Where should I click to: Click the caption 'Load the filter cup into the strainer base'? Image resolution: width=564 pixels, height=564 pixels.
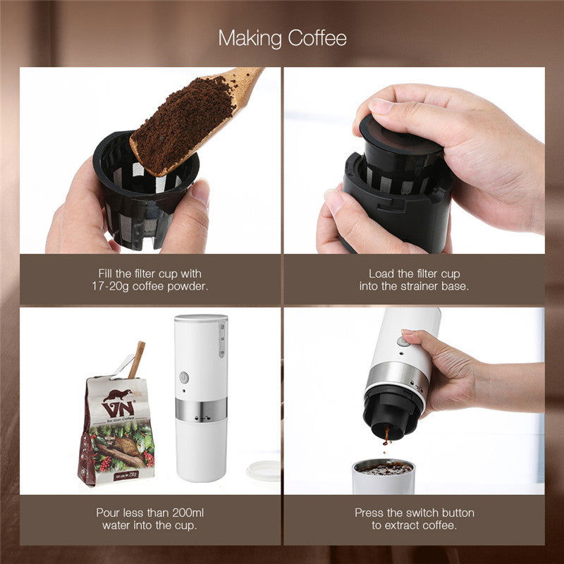click(414, 280)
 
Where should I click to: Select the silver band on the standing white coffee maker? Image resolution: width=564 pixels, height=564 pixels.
click(201, 410)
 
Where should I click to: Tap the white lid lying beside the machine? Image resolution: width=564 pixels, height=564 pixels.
click(263, 470)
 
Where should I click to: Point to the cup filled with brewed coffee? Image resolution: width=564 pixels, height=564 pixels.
click(383, 476)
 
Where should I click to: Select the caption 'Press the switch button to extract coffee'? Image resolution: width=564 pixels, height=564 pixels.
click(414, 519)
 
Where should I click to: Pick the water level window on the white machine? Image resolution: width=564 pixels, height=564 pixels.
click(223, 338)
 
